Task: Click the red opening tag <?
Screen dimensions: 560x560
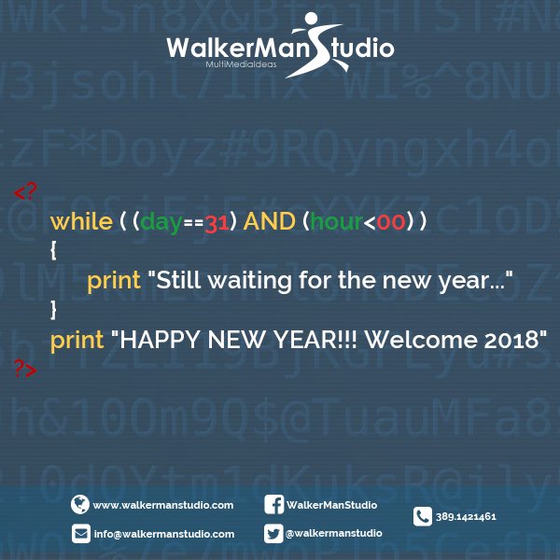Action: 25,192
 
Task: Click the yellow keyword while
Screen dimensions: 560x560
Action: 80,221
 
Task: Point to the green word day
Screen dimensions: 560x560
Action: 161,221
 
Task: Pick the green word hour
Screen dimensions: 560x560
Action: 340,221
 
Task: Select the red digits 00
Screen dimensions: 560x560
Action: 393,222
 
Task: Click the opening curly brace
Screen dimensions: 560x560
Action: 54,250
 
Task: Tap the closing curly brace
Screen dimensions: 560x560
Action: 54,307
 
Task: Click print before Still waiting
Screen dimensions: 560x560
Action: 114,279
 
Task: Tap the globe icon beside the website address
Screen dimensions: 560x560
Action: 80,505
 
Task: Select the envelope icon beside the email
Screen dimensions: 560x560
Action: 80,534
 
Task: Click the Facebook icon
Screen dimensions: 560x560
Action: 274,505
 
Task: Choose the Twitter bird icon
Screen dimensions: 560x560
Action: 274,533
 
